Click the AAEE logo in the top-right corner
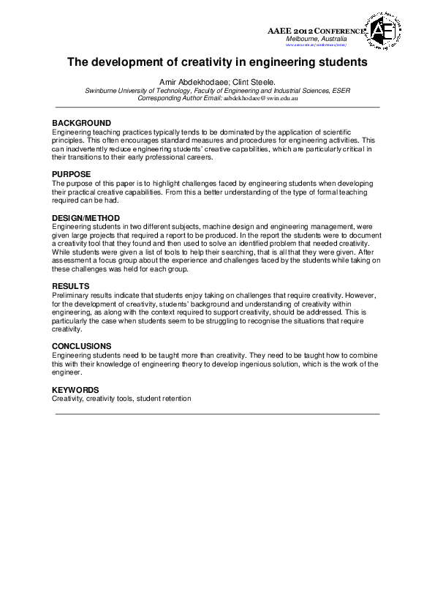click(x=386, y=31)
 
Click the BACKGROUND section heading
click(x=81, y=123)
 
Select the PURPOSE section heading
click(x=71, y=174)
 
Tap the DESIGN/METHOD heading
click(x=86, y=218)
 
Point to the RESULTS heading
click(x=70, y=285)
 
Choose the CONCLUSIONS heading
click(x=81, y=345)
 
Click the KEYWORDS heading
click(x=75, y=390)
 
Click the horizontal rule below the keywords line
click(x=217, y=414)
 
